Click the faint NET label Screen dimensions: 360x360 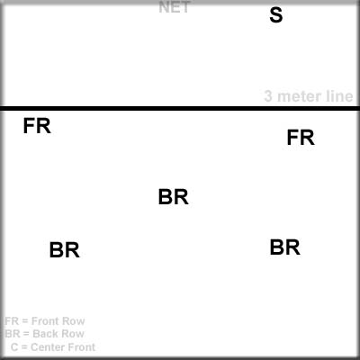174,7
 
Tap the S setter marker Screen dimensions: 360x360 276,15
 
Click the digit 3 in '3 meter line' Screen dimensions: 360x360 268,96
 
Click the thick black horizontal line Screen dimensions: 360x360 180,108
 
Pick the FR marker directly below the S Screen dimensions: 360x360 301,138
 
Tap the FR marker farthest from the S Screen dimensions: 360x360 37,126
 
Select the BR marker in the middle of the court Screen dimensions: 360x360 174,197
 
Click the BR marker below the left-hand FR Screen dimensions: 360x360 65,250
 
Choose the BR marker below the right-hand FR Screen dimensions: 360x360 285,247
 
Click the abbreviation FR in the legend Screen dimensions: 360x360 12,321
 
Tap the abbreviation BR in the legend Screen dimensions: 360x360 13,334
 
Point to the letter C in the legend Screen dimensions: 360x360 14,347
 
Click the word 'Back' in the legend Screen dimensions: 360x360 44,334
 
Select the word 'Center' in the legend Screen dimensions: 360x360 45,347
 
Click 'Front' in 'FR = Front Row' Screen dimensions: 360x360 45,321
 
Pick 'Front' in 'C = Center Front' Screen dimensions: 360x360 79,347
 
